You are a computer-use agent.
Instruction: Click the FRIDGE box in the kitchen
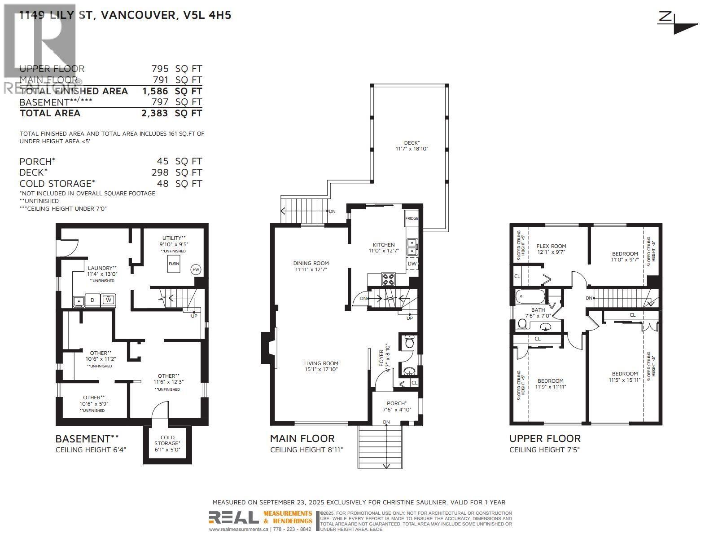point(412,218)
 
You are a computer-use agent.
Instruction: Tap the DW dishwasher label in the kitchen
point(412,264)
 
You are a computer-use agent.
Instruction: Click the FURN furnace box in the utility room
point(174,264)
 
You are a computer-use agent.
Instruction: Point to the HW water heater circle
point(196,269)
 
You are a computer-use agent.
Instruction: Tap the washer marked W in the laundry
point(108,300)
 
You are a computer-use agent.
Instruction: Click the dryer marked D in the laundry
point(92,300)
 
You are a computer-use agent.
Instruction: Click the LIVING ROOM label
point(321,366)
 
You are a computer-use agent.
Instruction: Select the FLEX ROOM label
point(551,249)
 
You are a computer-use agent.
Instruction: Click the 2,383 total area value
point(154,113)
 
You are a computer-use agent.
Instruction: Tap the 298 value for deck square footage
point(160,172)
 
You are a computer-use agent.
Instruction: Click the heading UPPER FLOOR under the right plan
point(545,438)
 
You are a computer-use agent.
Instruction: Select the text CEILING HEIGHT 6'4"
point(91,450)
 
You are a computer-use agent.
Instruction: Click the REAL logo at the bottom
point(233,518)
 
